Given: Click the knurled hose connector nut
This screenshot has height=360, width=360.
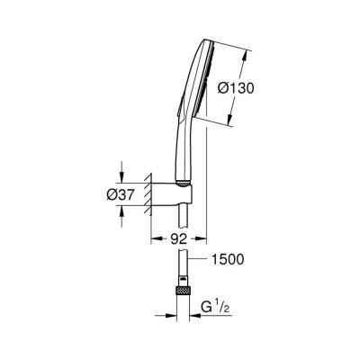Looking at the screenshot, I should (x=184, y=292).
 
